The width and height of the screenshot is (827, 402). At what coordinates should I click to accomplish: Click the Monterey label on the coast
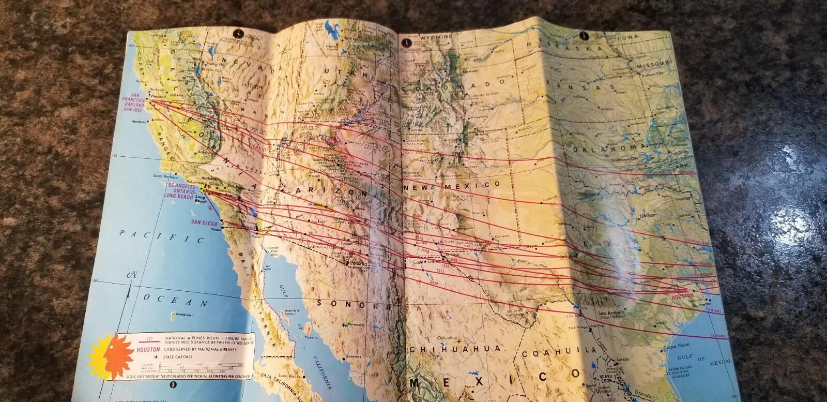(140, 122)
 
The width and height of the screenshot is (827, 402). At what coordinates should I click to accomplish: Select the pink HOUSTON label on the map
(682, 297)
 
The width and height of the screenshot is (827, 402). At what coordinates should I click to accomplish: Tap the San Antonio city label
(610, 313)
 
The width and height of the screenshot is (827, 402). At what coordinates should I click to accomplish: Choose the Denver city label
(471, 71)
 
